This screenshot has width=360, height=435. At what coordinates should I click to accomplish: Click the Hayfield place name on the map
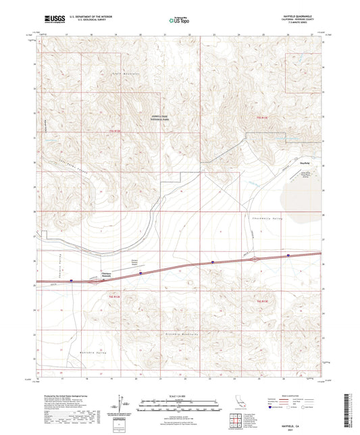pos(305,163)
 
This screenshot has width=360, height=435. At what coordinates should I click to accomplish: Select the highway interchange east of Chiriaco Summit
pos(254,259)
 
